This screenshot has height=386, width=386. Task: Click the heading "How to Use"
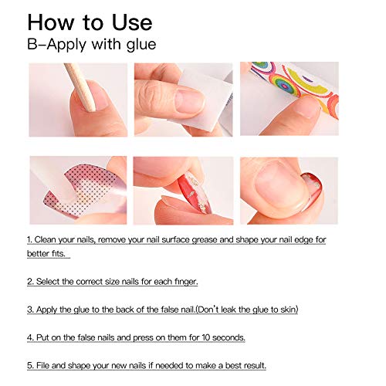[90, 22]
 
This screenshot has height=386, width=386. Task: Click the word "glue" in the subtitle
[141, 44]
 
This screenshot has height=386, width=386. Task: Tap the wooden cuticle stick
[80, 86]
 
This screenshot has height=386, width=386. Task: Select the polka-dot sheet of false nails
[85, 191]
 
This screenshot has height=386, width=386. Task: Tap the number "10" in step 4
[206, 337]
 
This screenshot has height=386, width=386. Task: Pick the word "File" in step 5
[42, 365]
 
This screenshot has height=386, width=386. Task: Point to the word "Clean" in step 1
[45, 240]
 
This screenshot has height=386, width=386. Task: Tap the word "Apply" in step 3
[46, 310]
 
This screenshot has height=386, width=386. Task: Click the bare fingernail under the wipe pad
[190, 101]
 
